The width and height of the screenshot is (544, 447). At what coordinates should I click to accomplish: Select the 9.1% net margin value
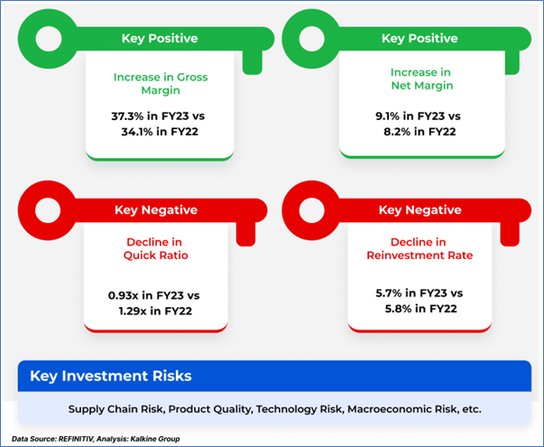[x=388, y=116]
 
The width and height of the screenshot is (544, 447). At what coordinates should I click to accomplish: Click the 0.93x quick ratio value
[x=124, y=295]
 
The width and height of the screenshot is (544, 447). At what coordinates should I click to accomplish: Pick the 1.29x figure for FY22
[x=133, y=311]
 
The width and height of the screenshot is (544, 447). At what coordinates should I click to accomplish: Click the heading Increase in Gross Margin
[x=161, y=84]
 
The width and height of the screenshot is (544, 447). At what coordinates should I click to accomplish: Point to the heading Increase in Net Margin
[x=421, y=79]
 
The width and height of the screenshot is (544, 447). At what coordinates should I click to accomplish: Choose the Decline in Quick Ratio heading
[x=155, y=248]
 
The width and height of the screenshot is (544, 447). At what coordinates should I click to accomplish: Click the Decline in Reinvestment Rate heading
[x=420, y=248]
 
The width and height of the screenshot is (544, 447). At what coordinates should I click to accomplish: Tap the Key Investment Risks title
[x=111, y=377]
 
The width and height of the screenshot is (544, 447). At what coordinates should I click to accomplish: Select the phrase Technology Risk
[x=299, y=409]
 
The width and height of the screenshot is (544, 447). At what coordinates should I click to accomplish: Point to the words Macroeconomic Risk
[x=401, y=409]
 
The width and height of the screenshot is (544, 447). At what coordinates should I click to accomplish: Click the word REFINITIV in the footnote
[x=76, y=439]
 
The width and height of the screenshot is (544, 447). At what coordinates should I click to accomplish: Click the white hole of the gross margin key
[x=49, y=39]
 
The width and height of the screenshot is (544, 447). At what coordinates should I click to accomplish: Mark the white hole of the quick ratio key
[x=48, y=210]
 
